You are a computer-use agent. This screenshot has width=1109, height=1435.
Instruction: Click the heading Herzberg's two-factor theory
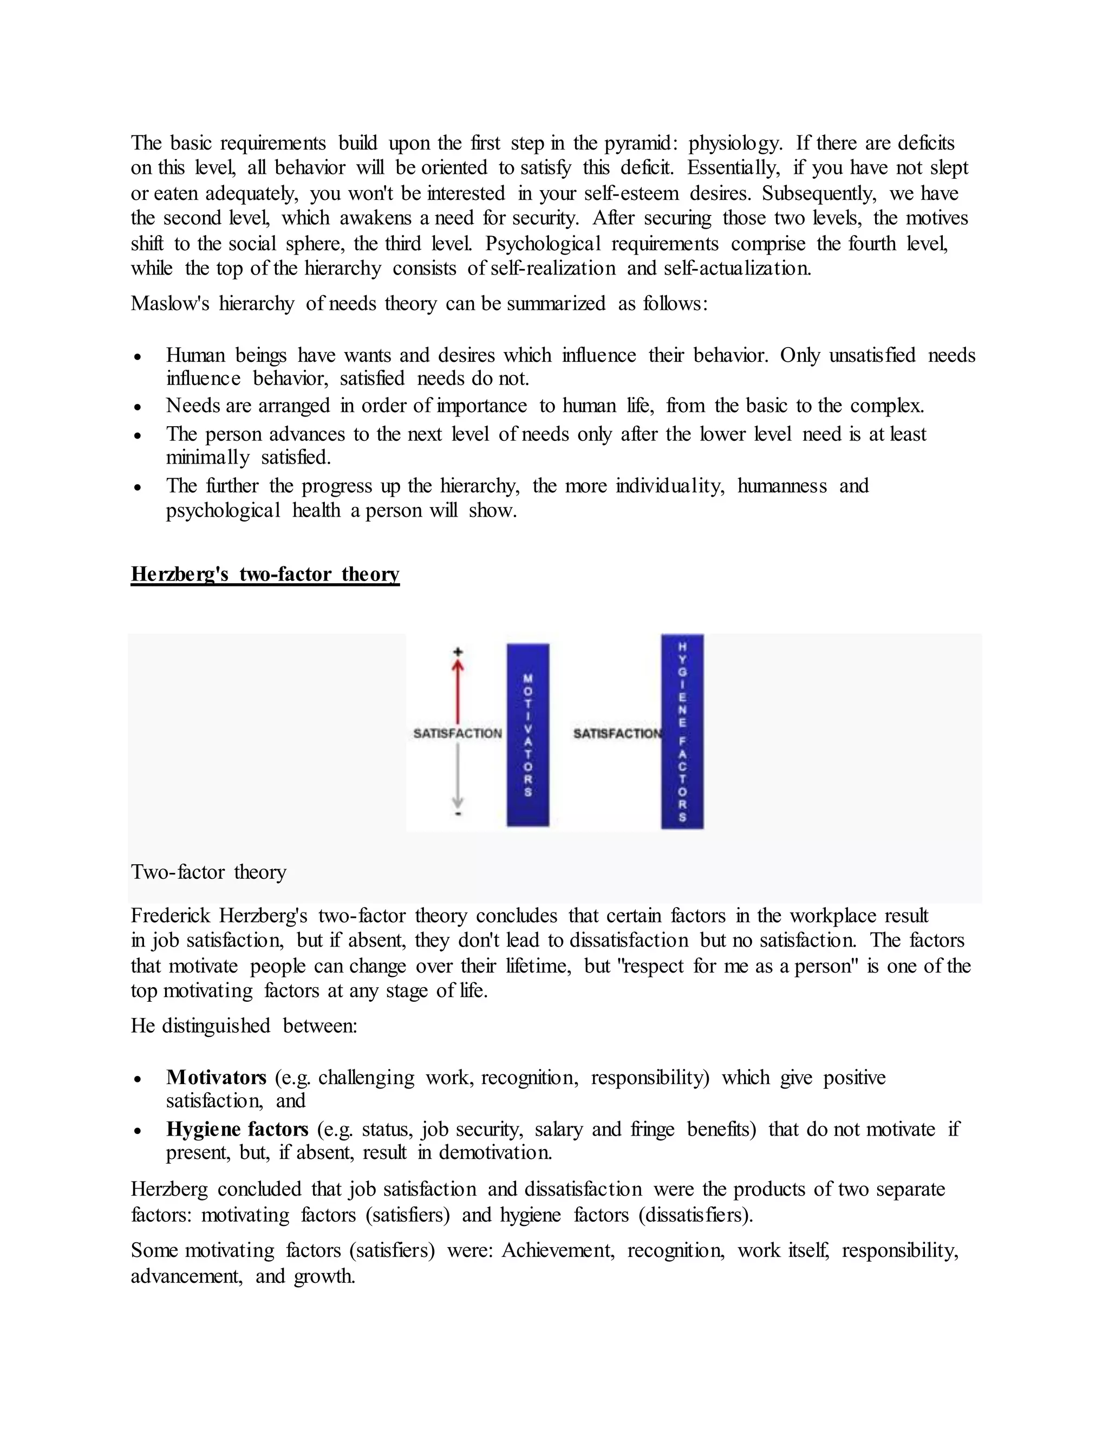[265, 573]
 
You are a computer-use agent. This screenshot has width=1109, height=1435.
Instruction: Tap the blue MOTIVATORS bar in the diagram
[527, 735]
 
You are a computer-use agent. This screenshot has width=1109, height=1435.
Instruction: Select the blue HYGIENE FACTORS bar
[682, 730]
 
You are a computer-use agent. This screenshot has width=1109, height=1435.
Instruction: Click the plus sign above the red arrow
[458, 652]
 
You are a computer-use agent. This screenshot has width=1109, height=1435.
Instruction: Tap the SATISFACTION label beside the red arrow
[457, 733]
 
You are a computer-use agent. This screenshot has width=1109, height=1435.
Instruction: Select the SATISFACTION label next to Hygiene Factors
[616, 733]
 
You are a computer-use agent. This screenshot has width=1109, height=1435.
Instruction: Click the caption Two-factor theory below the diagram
[208, 872]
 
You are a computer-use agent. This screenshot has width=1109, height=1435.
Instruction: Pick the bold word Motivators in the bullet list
[216, 1077]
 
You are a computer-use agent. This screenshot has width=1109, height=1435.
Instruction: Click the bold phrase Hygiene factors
[237, 1129]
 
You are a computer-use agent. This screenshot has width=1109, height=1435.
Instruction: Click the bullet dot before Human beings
[138, 357]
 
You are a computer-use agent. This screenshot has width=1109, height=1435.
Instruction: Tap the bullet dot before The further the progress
[138, 487]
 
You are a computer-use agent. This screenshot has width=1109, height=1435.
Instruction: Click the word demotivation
[495, 1152]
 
